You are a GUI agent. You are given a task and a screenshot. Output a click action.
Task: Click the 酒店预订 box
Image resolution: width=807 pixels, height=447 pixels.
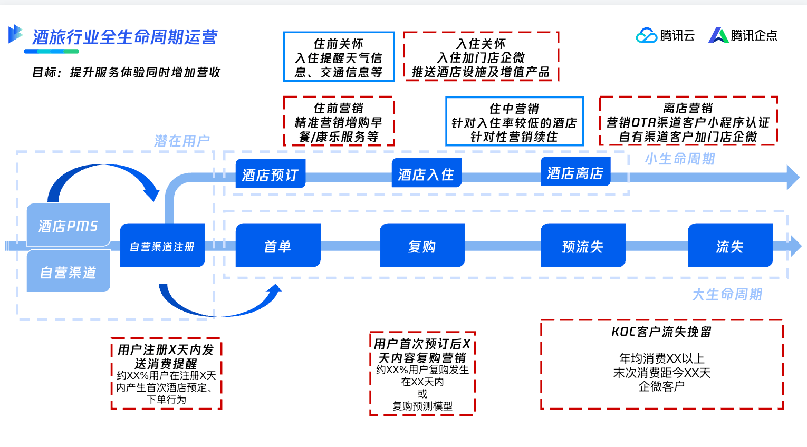[x=271, y=173]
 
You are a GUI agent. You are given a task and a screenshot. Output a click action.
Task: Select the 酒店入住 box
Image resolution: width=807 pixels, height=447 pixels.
[x=427, y=173]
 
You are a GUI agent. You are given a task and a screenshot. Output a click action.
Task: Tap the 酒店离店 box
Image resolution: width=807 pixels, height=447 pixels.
[x=575, y=172]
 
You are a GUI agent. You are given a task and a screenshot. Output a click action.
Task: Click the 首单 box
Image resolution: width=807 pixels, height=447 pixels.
[x=278, y=246]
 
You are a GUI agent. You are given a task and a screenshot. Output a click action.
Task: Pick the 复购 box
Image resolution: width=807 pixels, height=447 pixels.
[x=422, y=246]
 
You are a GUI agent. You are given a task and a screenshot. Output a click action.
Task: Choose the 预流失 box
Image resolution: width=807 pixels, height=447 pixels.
[x=583, y=246]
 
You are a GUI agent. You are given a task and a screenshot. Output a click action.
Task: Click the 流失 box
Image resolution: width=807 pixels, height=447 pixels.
[x=731, y=246]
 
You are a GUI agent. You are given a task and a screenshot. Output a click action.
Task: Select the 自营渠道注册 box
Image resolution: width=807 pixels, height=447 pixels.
[x=162, y=246]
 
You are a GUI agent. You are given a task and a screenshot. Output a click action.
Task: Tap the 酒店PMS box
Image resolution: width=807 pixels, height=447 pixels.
[x=69, y=225]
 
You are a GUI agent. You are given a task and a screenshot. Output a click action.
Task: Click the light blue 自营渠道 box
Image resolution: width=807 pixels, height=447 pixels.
[x=69, y=271]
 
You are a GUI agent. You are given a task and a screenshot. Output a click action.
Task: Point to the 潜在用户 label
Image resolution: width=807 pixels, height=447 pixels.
[x=182, y=141]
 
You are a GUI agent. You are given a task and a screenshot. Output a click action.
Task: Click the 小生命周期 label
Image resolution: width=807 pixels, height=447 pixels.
[x=680, y=159]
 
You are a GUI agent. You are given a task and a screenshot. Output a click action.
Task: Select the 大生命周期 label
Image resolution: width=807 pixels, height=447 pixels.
[x=727, y=295]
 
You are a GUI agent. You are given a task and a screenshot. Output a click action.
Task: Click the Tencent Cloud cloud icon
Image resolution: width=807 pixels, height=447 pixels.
[x=646, y=35]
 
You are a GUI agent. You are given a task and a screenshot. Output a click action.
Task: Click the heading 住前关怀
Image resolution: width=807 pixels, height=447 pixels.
[x=339, y=44]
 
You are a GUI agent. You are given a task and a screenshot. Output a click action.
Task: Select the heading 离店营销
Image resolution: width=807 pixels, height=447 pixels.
[x=688, y=109]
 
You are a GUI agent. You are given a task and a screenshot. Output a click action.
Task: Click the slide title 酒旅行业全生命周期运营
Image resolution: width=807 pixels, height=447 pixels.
[x=125, y=37]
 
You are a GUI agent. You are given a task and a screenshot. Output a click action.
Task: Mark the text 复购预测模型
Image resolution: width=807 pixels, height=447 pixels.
[x=422, y=406]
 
